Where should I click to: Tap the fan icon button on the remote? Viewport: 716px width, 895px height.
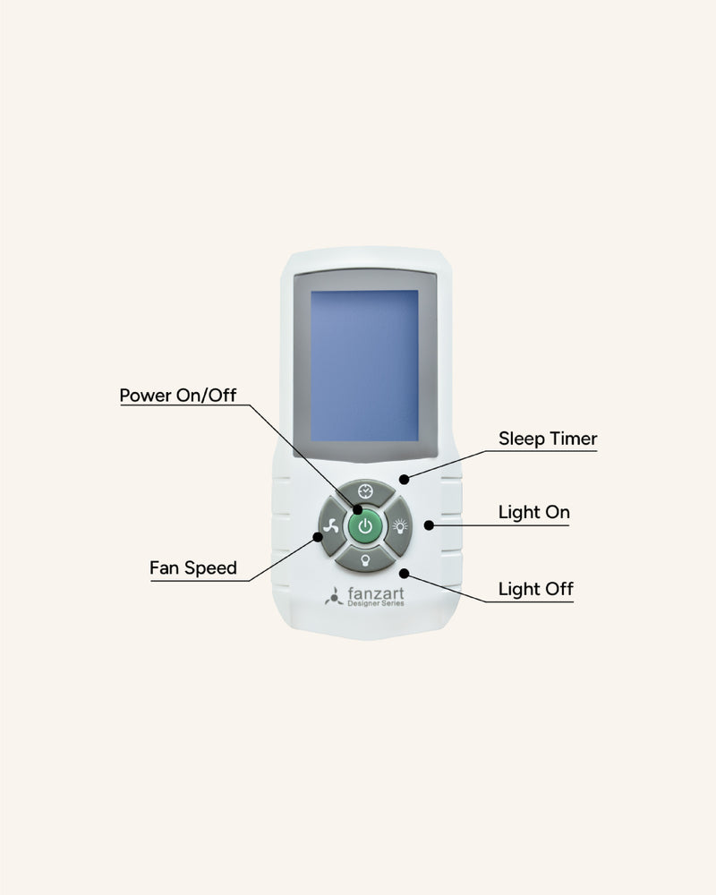330,526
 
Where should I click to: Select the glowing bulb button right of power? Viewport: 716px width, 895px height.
398,527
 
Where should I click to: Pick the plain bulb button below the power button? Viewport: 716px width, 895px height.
364,560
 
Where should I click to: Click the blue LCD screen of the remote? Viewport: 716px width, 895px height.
363,365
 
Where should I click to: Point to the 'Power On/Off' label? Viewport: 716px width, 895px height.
178,395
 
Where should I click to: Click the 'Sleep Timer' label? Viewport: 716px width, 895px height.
548,439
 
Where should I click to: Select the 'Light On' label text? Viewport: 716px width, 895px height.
533,513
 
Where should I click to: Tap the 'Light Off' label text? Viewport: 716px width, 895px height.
535,589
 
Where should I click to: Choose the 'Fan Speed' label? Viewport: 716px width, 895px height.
193,567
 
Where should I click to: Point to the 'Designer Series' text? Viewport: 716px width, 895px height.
375,605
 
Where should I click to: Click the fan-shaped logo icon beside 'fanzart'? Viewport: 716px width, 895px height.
333,596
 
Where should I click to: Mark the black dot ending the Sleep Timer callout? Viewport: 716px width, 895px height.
405,479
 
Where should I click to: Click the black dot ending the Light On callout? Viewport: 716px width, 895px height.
429,525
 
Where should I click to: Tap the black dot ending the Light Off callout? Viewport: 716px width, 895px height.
405,572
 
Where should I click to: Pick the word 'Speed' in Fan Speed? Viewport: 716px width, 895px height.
211,567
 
